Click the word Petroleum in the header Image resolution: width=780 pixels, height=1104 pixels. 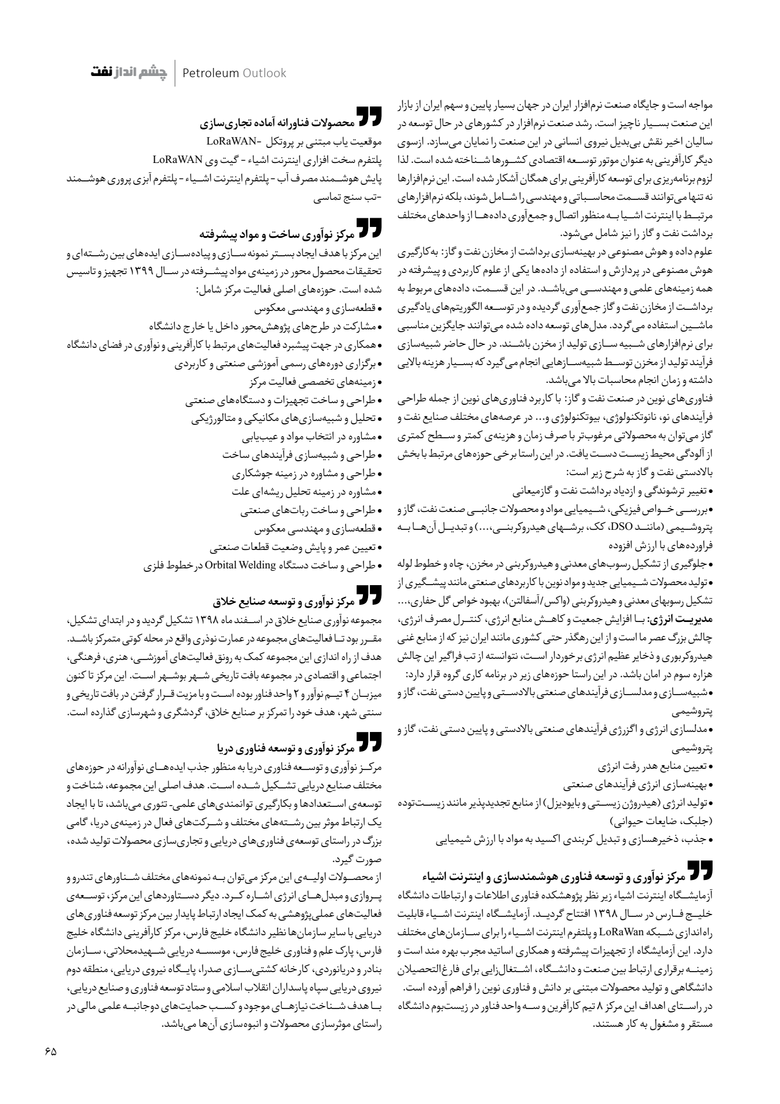[210, 73]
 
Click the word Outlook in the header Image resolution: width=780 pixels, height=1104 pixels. [264, 73]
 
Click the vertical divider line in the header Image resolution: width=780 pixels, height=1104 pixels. [175, 73]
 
